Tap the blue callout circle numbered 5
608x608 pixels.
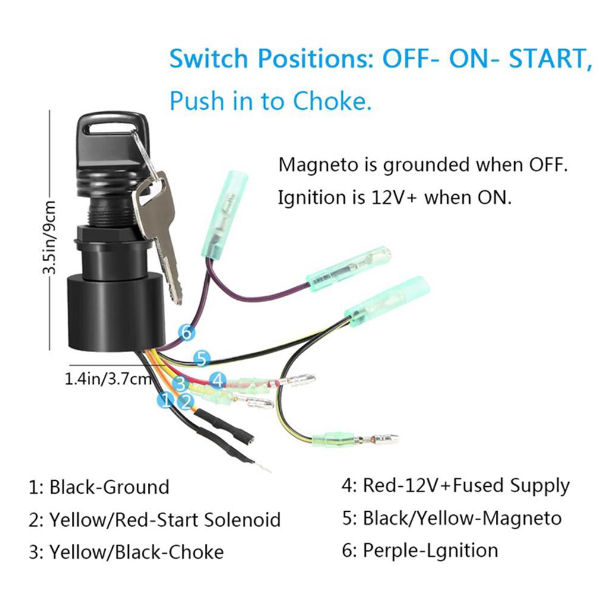pos(202,359)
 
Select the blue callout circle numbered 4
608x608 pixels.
pos(218,380)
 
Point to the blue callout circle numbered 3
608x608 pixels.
pos(182,383)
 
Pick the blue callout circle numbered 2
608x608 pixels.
pos(186,402)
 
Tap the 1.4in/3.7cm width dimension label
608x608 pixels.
pos(108,378)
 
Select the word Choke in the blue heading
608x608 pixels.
pos(332,102)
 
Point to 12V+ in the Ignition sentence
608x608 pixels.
pos(386,198)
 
